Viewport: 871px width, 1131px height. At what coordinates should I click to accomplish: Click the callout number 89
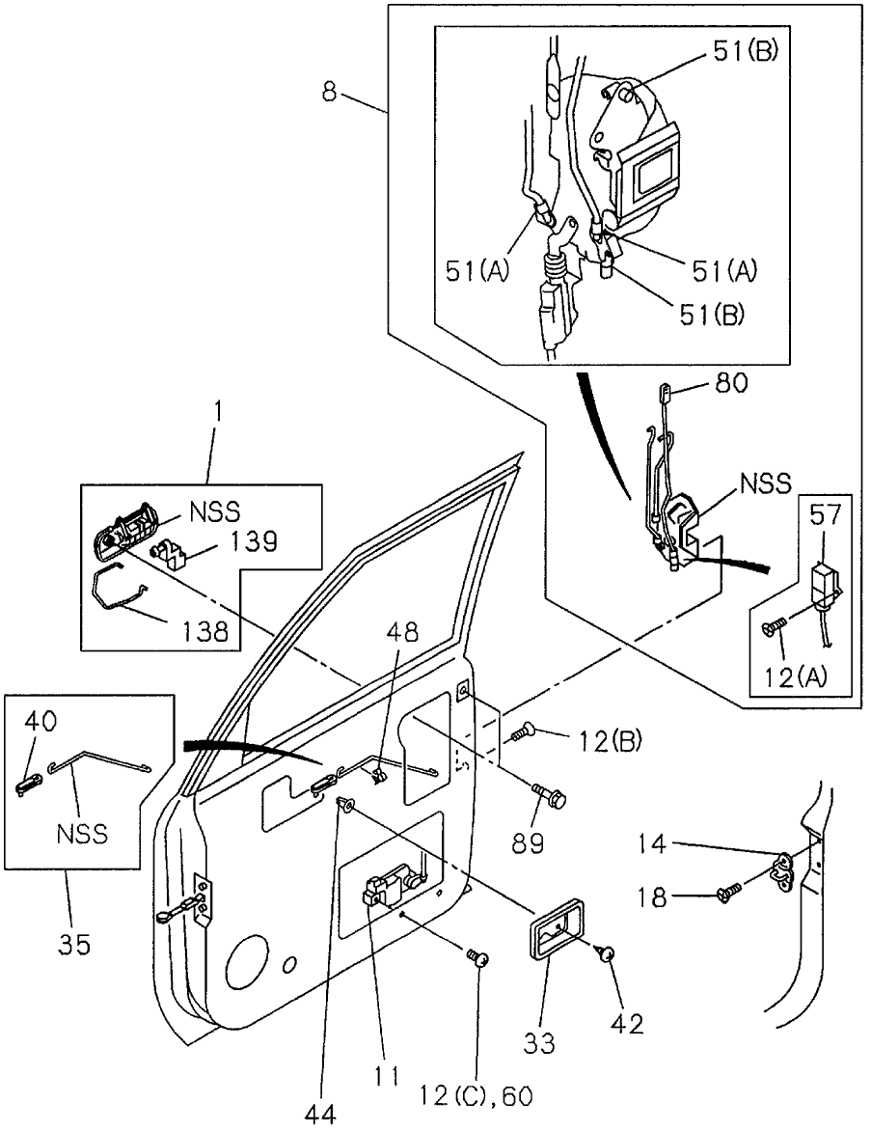tap(530, 844)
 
